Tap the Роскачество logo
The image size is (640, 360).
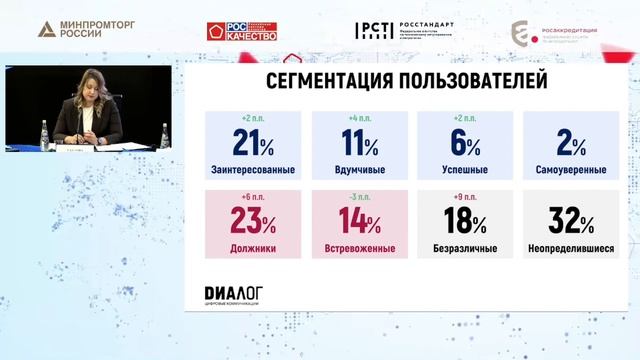tap(242, 31)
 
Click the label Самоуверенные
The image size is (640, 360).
tap(571, 169)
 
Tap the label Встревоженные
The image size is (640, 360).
tap(358, 248)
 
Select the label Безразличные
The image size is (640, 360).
tap(465, 248)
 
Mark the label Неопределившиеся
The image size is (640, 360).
tap(571, 248)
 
